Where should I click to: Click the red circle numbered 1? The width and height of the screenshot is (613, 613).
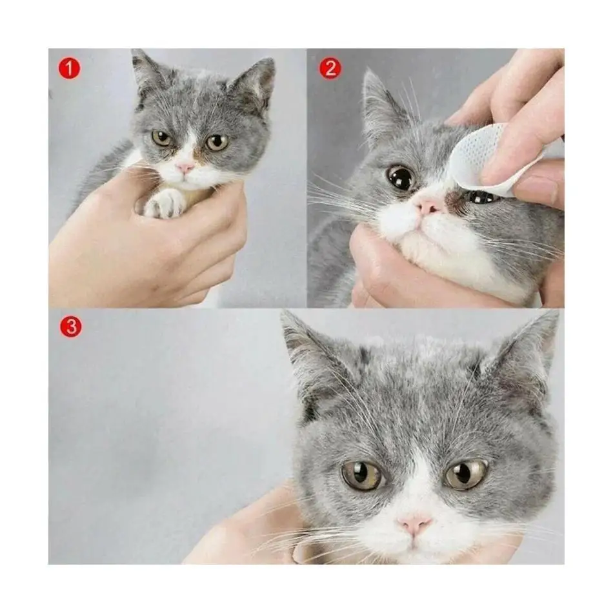[x=69, y=68]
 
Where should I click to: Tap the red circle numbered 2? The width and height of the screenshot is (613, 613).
[x=330, y=68]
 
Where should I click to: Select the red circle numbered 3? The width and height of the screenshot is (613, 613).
[x=71, y=327]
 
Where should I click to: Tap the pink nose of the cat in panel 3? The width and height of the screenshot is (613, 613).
[x=414, y=525]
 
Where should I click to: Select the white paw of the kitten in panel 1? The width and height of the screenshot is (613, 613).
[x=165, y=203]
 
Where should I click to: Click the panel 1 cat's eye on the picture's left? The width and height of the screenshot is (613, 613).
[x=161, y=138]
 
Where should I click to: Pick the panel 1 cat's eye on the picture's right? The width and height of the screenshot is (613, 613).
[x=217, y=143]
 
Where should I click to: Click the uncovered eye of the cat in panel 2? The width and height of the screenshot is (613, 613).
[x=401, y=177]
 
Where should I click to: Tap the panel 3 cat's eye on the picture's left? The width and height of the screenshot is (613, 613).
[x=362, y=475]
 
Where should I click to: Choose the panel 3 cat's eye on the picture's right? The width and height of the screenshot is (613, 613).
[x=467, y=474]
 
